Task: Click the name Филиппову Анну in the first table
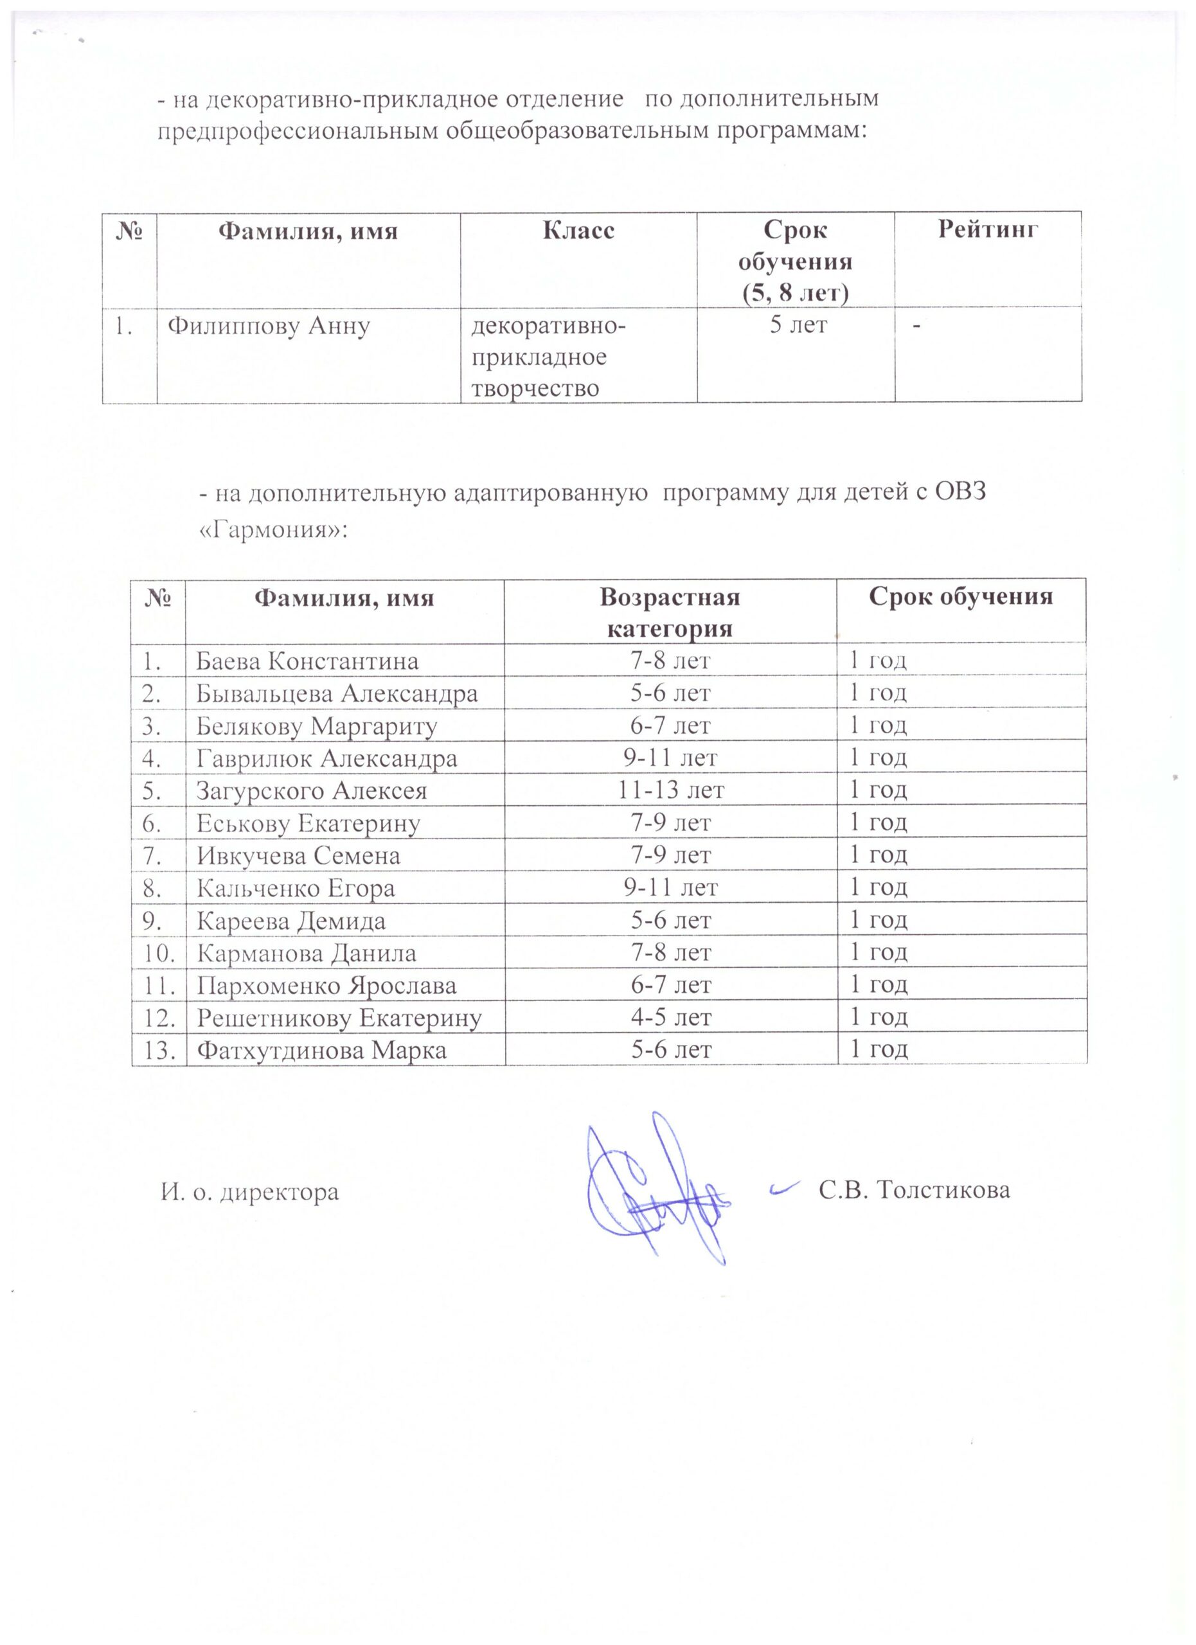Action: click(x=269, y=327)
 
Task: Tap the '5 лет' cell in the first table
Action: click(x=797, y=326)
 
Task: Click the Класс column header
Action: click(x=578, y=231)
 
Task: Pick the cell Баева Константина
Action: click(x=308, y=661)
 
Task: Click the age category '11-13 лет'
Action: click(x=671, y=790)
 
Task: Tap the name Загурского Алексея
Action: click(x=312, y=790)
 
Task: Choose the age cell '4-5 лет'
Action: click(x=671, y=1017)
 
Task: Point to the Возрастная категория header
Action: click(x=670, y=612)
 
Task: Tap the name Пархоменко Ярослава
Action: click(x=326, y=986)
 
